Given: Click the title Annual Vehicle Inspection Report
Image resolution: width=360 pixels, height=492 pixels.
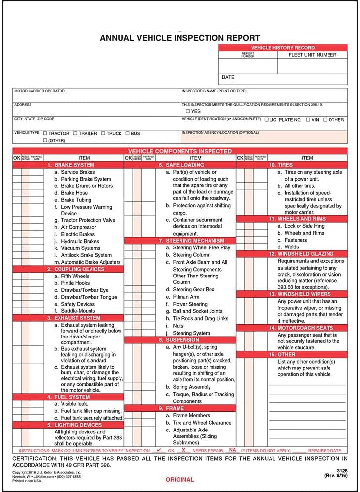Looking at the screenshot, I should [x=180, y=38].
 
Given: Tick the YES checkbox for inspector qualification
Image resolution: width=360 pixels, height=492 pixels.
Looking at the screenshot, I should [x=188, y=112].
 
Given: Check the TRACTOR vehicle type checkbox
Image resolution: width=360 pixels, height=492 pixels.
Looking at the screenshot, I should [x=45, y=133].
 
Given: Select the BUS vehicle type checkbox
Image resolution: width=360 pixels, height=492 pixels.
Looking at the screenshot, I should [x=127, y=133].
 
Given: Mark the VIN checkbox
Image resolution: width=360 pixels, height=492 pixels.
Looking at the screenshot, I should [x=309, y=120].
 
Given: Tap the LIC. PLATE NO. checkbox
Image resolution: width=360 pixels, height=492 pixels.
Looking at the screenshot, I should [x=267, y=120].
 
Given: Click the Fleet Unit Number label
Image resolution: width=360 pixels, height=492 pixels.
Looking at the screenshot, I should [x=312, y=55].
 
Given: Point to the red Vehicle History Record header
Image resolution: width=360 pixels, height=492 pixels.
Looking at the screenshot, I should [x=283, y=48].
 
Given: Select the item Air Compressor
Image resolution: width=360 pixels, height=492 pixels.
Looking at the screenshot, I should [x=79, y=227].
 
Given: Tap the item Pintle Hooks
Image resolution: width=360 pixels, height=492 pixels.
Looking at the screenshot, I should [x=75, y=283].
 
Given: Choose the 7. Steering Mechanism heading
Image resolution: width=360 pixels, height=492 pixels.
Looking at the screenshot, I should [x=184, y=241].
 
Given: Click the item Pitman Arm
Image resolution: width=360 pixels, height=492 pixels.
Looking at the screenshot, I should [x=186, y=297].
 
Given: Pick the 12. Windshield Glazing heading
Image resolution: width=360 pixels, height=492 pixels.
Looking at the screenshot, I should [x=301, y=254].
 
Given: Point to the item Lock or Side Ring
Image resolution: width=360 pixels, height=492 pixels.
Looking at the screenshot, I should [x=304, y=226].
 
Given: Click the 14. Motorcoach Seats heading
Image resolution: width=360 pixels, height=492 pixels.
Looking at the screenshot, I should [x=301, y=328].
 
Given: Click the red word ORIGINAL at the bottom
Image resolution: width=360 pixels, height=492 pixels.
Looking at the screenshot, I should [x=180, y=479].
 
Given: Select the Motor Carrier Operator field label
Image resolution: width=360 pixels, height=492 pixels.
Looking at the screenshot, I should [x=39, y=91].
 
